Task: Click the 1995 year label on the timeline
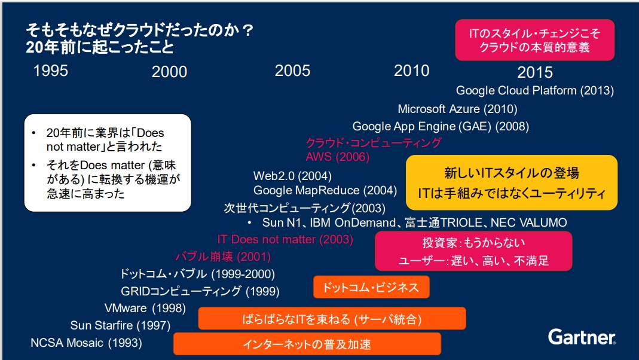tap(51, 71)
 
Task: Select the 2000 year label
tap(170, 72)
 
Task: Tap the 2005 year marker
tap(293, 71)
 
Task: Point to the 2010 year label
tap(412, 71)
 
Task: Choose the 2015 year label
tap(535, 72)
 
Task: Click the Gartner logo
tap(582, 337)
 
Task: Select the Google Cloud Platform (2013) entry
tap(534, 90)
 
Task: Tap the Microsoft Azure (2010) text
tap(457, 109)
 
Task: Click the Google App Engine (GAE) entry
tap(441, 126)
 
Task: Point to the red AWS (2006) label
tap(337, 157)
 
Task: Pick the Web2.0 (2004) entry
tap(292, 176)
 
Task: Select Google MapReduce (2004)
tap(325, 190)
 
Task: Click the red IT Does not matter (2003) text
tap(285, 239)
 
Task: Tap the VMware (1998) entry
tap(145, 308)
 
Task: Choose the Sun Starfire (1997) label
tap(120, 325)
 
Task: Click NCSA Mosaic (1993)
tap(87, 343)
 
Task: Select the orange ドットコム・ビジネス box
tap(371, 287)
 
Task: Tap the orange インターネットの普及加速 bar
tap(307, 344)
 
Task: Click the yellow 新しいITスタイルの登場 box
tap(512, 182)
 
